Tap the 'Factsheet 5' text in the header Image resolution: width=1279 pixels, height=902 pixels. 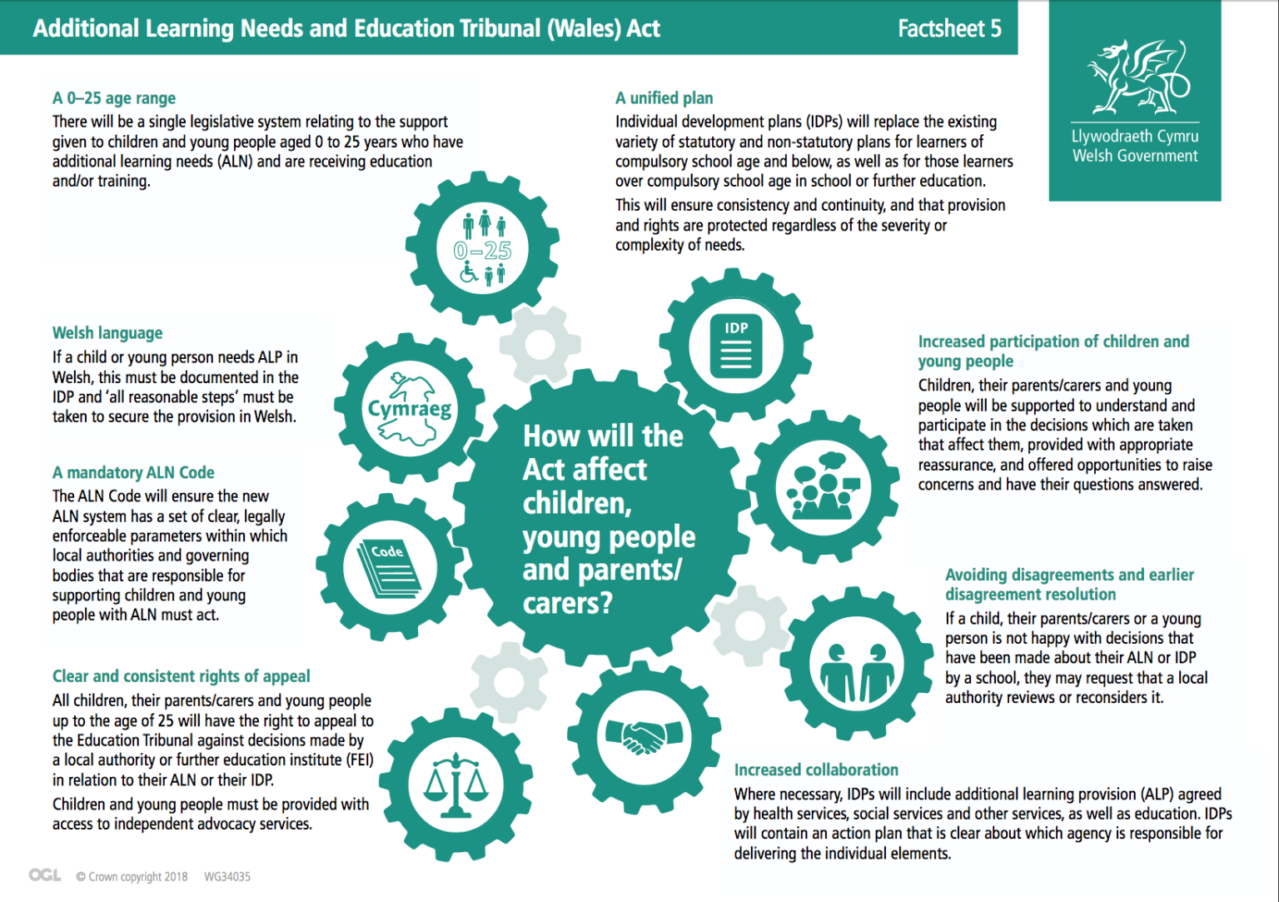pos(949,28)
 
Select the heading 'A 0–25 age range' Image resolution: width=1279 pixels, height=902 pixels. pos(114,98)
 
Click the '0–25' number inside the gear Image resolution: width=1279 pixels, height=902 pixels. pos(483,250)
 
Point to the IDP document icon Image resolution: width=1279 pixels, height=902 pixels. pos(736,345)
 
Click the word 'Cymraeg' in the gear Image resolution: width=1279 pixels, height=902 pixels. pos(410,408)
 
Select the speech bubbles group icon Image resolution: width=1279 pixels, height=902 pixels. pos(823,486)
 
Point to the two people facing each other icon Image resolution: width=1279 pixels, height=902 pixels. pos(856,671)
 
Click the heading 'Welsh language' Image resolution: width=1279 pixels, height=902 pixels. pos(107,333)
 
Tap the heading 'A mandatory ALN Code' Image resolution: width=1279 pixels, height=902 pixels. pos(133,473)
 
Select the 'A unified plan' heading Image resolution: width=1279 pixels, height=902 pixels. pos(664,98)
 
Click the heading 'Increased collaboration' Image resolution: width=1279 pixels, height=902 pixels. pos(816,770)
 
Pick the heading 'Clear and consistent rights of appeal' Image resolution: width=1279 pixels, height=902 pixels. pos(181,676)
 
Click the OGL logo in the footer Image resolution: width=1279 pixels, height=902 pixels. pos(45,875)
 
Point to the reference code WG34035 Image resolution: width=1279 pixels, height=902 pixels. pos(227,877)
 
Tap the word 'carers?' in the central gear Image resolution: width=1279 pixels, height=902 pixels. pos(567,603)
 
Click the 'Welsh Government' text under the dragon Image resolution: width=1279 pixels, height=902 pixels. pos(1135,156)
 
